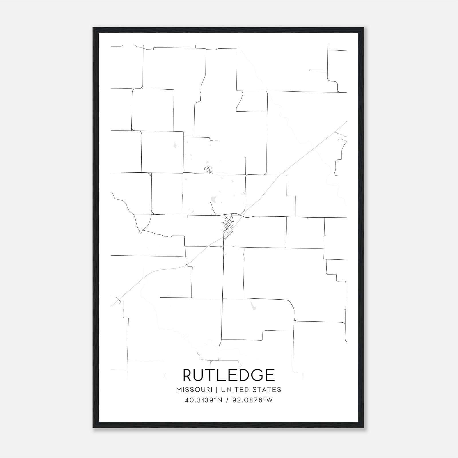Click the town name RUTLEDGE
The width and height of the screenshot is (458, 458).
click(229, 375)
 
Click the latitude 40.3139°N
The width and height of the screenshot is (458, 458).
click(204, 400)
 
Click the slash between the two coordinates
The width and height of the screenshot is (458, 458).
click(227, 400)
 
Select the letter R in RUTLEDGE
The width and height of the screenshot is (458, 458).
click(189, 375)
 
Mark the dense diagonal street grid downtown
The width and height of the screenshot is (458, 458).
click(229, 223)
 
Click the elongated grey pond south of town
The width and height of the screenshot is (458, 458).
click(253, 306)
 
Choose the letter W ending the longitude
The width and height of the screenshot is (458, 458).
click(270, 400)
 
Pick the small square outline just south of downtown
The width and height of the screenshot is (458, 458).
click(226, 239)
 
